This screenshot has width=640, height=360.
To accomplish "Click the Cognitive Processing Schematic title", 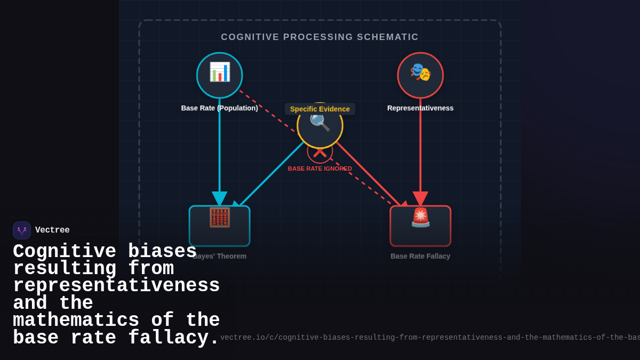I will click(319, 37).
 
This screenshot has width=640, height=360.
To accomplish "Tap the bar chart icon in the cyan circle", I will click(220, 72).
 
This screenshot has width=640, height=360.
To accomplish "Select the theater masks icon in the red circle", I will click(420, 72).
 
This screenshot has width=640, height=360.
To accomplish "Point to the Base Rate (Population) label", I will click(219, 108).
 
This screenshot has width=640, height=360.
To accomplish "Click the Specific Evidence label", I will click(320, 109).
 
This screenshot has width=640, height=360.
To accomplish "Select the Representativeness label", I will click(420, 108).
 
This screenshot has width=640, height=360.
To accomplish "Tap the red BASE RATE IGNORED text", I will click(320, 169).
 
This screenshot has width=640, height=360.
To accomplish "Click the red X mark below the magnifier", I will click(320, 153).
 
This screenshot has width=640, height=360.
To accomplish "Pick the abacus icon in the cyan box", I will click(220, 218).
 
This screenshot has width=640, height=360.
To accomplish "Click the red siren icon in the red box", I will click(420, 218).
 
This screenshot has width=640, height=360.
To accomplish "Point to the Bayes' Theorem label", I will click(220, 256).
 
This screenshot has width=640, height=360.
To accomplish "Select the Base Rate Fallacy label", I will click(420, 256).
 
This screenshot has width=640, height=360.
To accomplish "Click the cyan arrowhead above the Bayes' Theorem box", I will click(220, 198).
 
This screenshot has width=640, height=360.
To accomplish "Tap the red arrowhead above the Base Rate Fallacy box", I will click(420, 198).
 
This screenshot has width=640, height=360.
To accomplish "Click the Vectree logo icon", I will click(22, 230).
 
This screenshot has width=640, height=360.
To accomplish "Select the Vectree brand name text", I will click(52, 230).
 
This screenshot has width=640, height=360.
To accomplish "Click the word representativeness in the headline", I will click(116, 286).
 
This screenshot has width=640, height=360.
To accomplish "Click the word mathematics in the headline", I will click(76, 321).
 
